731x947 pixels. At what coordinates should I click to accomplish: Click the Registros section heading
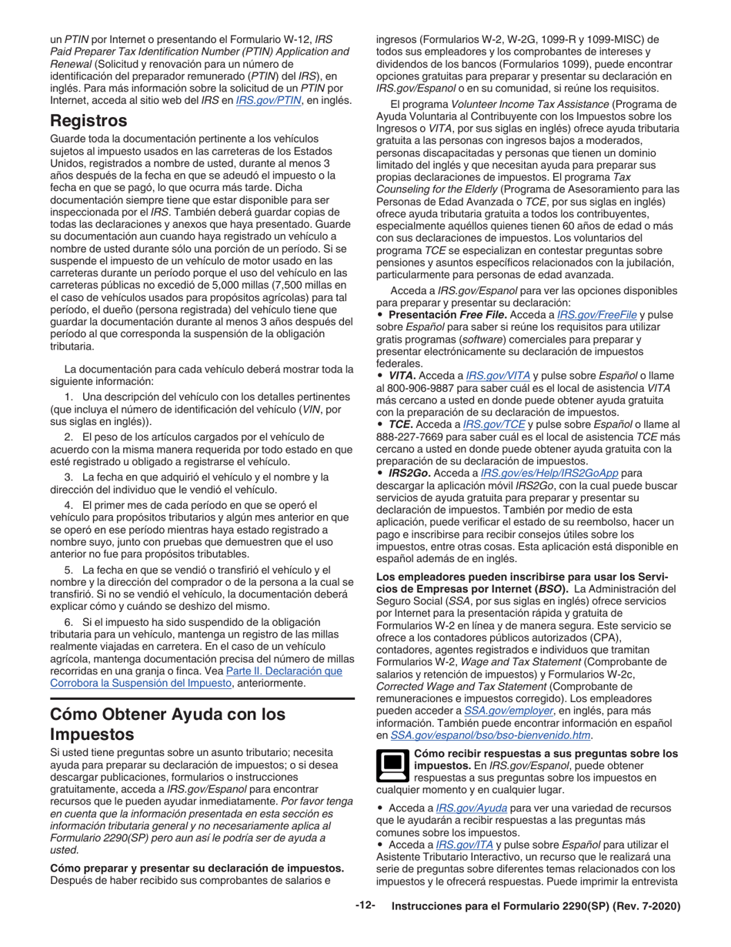tap(88, 121)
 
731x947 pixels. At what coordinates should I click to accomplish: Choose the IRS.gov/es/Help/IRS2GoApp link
tap(549, 473)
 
